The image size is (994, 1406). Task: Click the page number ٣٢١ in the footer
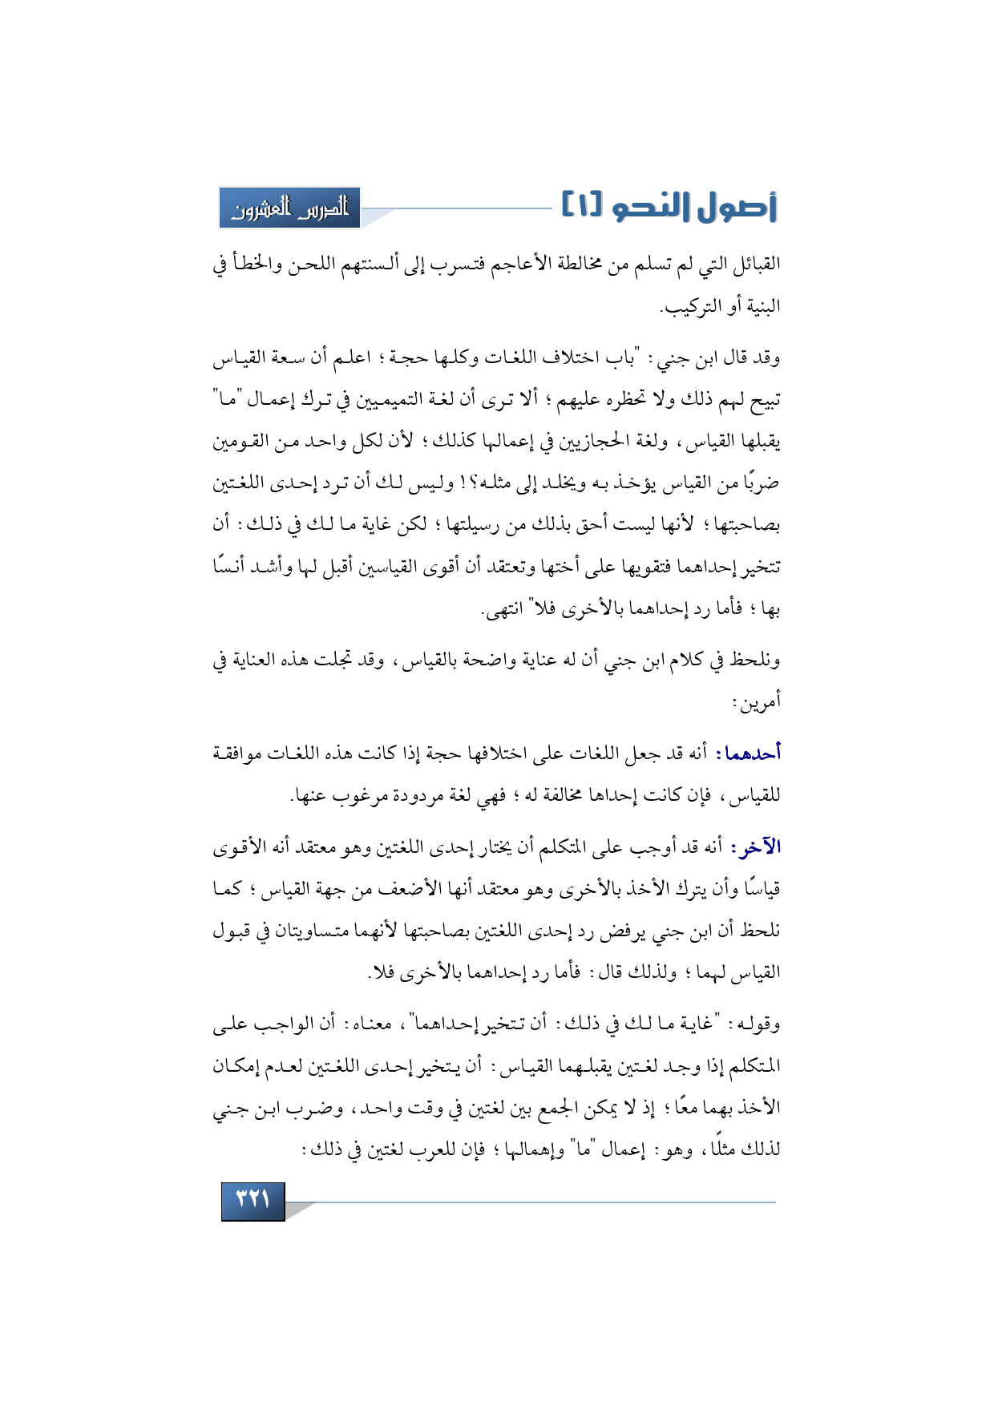click(x=253, y=1200)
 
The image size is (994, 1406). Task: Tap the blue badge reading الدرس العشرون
click(x=290, y=208)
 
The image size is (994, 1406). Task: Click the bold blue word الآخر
click(x=756, y=847)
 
